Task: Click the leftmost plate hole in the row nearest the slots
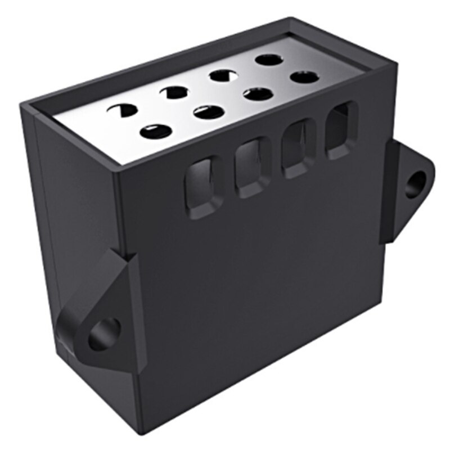coord(155,132)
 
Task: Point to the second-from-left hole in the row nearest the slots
coord(208,112)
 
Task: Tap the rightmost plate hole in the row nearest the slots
coord(305,77)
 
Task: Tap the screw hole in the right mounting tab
coord(416,183)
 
